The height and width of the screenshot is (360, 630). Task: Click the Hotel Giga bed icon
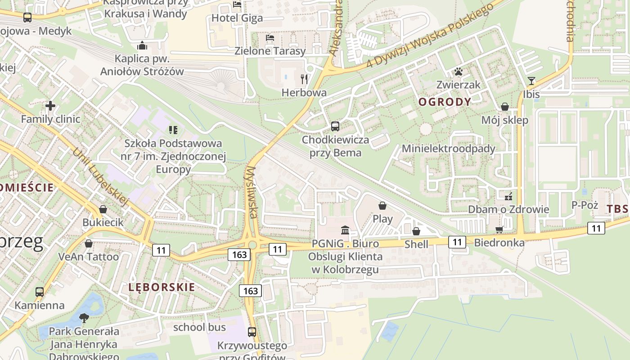point(237,4)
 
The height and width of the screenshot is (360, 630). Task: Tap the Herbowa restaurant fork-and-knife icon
point(304,79)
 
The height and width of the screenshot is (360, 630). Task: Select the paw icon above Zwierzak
point(458,72)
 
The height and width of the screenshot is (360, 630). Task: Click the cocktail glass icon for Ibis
point(531,81)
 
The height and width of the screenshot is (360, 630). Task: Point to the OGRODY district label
point(445,102)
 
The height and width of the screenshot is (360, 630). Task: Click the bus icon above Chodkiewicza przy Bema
point(335,126)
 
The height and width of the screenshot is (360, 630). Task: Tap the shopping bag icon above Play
point(382,206)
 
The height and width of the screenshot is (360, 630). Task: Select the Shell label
point(416,244)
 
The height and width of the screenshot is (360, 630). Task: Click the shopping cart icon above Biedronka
point(499,229)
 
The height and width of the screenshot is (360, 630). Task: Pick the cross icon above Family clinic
point(50,106)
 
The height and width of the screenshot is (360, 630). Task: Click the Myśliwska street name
point(252,193)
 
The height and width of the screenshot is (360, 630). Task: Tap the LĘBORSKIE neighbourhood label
point(162,287)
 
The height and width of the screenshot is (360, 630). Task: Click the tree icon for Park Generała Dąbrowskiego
point(84,319)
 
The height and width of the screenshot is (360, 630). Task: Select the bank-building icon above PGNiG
point(345,230)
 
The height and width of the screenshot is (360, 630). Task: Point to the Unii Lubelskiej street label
point(101,177)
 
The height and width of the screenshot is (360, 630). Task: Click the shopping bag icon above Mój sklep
point(505,107)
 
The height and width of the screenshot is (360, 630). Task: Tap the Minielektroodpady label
point(448,148)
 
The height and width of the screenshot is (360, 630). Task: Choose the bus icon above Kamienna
point(40,292)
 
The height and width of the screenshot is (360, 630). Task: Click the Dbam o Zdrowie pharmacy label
point(508,209)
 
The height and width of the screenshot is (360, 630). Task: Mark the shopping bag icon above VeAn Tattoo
point(89,243)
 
